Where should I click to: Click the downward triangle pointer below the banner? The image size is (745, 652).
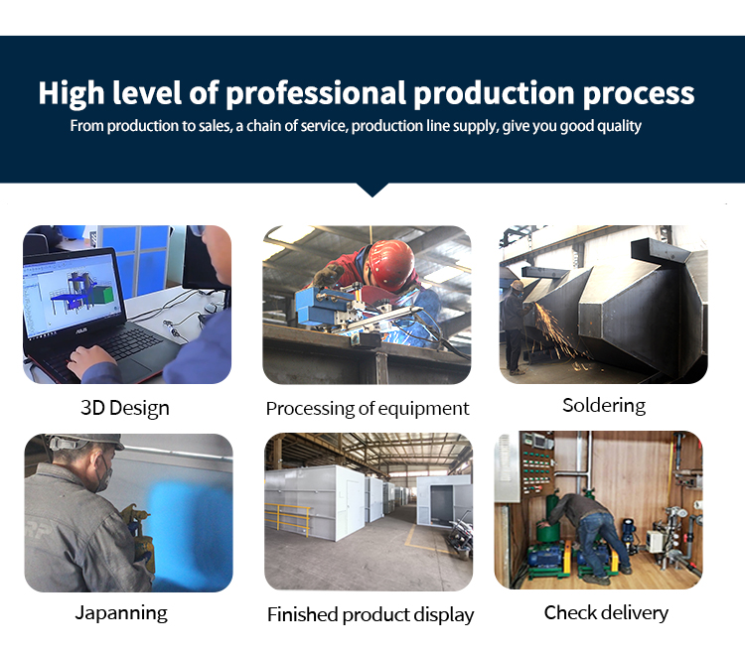tap(372, 190)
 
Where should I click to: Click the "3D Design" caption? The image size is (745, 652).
tap(125, 408)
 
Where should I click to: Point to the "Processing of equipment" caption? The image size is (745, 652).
tap(368, 409)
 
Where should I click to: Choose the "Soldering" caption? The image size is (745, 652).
tap(604, 406)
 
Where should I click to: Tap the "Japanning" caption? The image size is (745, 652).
tap(121, 613)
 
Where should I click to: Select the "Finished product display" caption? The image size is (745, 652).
tap(371, 615)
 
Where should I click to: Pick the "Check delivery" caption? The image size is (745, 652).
tap(606, 612)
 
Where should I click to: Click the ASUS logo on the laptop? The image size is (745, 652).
tap(81, 329)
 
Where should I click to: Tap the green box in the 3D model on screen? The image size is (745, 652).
tap(104, 295)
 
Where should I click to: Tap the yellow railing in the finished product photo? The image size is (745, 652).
tap(288, 519)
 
